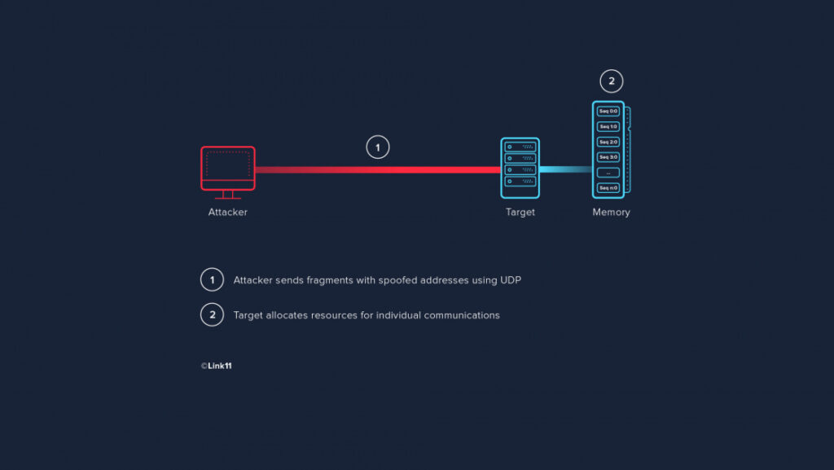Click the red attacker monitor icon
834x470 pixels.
click(x=228, y=169)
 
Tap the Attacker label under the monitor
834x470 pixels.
click(x=228, y=212)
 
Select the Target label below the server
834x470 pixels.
click(x=520, y=212)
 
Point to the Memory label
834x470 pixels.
click(x=611, y=212)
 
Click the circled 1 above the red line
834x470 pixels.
click(x=378, y=147)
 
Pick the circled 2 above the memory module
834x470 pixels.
click(x=611, y=81)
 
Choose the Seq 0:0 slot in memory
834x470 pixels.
click(x=608, y=111)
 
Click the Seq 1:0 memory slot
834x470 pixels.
click(x=608, y=126)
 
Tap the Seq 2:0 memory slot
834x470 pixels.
click(x=608, y=142)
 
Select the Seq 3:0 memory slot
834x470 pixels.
click(x=608, y=157)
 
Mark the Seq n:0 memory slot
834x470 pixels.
click(x=608, y=187)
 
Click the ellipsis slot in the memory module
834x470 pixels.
click(x=608, y=172)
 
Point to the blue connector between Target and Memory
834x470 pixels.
click(x=566, y=169)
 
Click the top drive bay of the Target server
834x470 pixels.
click(x=520, y=147)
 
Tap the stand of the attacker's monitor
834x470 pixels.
click(x=228, y=195)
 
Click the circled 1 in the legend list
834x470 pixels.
click(x=212, y=279)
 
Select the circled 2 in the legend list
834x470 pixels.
click(x=212, y=314)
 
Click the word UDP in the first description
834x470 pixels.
click(x=511, y=280)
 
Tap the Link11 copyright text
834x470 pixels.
click(x=216, y=366)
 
